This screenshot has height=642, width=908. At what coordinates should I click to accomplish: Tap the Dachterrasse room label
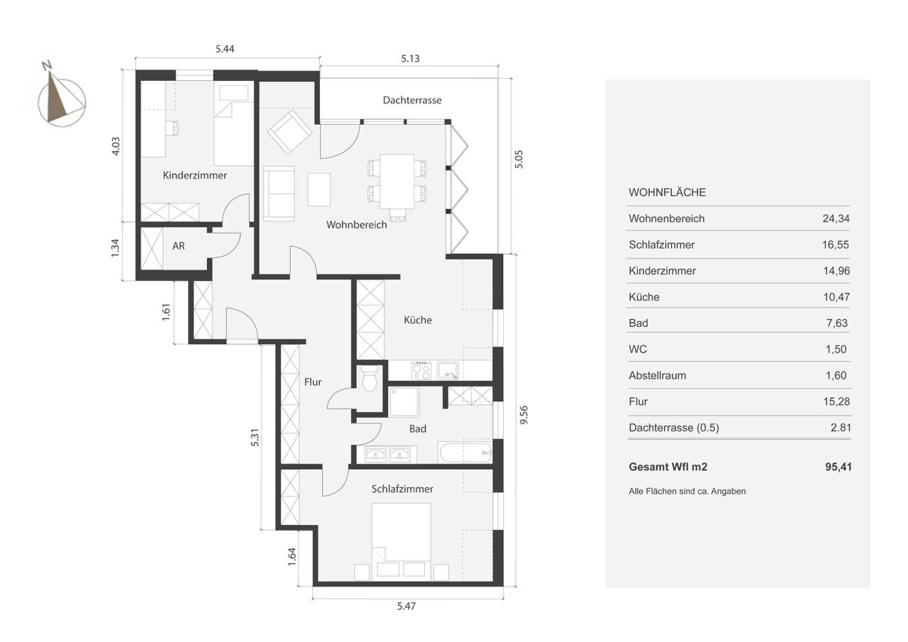(x=412, y=100)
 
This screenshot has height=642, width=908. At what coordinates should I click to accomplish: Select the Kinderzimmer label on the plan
(x=194, y=175)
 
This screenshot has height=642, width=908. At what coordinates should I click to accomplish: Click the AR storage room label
(x=178, y=246)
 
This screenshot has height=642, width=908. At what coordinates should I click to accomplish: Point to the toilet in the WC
(x=370, y=378)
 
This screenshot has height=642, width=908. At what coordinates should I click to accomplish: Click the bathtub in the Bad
(x=465, y=453)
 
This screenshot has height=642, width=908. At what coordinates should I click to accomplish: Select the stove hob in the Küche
(x=421, y=371)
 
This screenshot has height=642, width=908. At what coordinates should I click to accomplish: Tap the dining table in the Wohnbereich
(x=397, y=181)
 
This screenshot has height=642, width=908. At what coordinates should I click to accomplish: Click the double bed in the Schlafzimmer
(x=402, y=538)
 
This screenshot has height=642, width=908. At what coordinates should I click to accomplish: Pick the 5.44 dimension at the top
(x=225, y=49)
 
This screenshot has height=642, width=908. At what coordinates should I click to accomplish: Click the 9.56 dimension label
(x=524, y=415)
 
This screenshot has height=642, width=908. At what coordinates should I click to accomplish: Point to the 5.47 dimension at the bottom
(x=406, y=607)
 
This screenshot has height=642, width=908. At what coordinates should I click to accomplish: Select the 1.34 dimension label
(x=115, y=248)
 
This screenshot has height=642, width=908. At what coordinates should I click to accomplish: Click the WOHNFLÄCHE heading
(x=668, y=192)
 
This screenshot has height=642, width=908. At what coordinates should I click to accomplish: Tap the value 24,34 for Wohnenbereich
(x=836, y=218)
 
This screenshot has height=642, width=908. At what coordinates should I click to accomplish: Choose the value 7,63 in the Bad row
(x=837, y=323)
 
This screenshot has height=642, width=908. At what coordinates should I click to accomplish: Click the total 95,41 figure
(x=838, y=467)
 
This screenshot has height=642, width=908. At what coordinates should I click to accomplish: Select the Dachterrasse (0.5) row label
(x=674, y=428)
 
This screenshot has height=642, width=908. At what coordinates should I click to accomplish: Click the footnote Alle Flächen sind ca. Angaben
(x=687, y=491)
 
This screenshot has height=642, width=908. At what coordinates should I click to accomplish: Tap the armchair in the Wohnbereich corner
(x=289, y=132)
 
